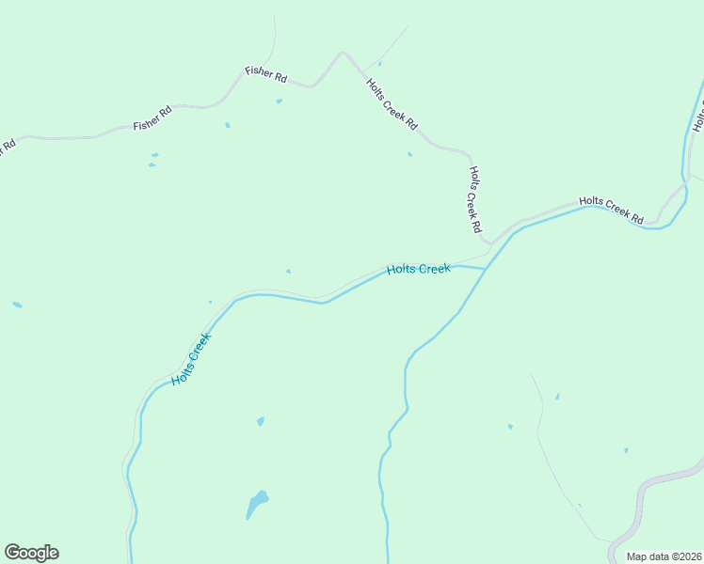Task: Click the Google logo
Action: click(31, 553)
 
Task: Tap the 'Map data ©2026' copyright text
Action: click(664, 556)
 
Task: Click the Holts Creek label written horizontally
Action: click(419, 270)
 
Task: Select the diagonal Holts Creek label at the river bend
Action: click(191, 359)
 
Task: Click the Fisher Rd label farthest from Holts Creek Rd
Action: click(152, 118)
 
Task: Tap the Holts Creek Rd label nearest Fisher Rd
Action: click(392, 104)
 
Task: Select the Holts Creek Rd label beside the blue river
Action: click(611, 210)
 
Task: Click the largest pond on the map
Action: click(256, 503)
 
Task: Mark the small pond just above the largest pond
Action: click(261, 421)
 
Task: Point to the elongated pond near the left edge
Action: click(17, 305)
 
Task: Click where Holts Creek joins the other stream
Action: click(486, 269)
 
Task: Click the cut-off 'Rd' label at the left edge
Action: click(8, 148)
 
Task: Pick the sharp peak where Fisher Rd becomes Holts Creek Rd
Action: click(343, 53)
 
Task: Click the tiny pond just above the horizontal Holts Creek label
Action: click(289, 272)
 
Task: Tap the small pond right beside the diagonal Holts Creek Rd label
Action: click(409, 154)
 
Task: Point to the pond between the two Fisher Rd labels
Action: click(227, 125)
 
